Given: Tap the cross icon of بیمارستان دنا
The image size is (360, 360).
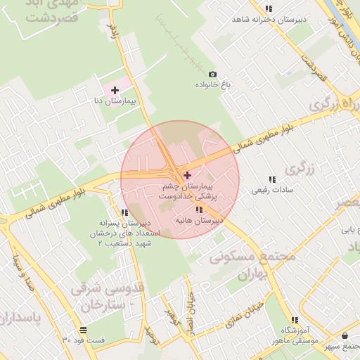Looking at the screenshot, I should click(x=115, y=90).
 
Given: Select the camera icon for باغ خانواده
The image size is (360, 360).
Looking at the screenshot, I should click(x=212, y=74).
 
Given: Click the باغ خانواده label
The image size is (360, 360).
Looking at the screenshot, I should click(x=214, y=85).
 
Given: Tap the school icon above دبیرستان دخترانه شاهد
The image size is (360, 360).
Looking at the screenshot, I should click(x=267, y=8).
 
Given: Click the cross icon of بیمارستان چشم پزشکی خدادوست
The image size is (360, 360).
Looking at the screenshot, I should click(x=186, y=174).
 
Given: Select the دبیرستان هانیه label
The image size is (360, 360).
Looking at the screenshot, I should click(x=199, y=221).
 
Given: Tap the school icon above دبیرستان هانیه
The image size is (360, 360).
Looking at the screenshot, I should click(x=200, y=210).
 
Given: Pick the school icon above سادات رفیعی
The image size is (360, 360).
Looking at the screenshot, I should click(x=271, y=179).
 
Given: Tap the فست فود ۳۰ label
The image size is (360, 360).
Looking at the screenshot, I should click(x=83, y=340).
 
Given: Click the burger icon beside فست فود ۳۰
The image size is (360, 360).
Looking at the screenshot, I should click(x=84, y=329).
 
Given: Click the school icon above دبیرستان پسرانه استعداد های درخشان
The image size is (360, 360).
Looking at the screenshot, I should click(x=124, y=212).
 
